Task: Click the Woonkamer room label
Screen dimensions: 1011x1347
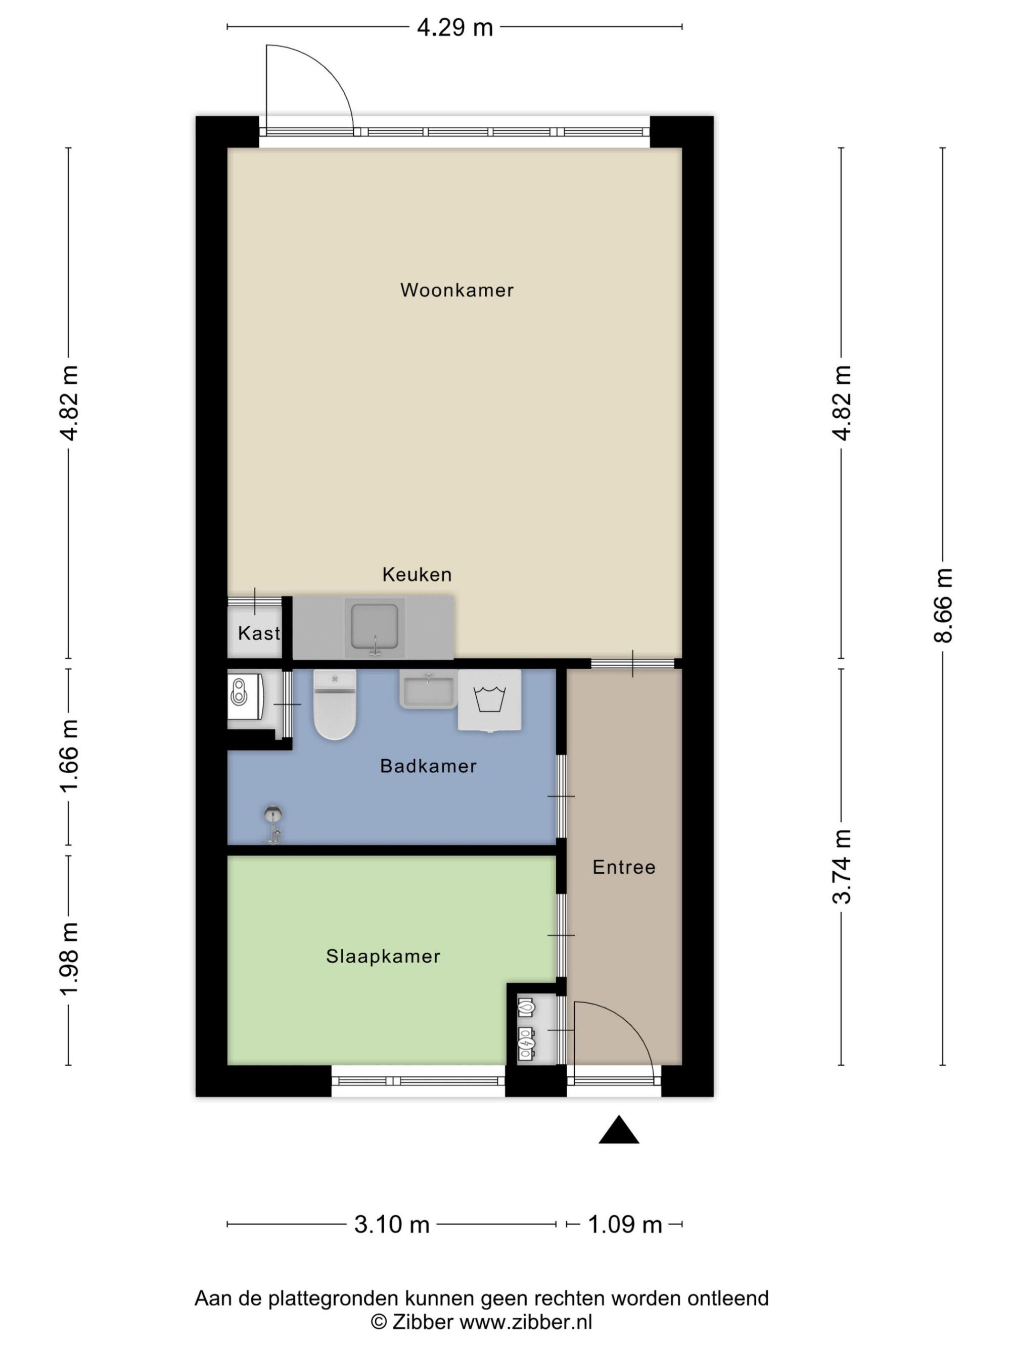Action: (456, 290)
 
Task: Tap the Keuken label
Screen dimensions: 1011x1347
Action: (417, 574)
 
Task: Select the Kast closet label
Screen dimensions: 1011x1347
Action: (259, 633)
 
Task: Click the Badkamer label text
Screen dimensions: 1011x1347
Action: (428, 766)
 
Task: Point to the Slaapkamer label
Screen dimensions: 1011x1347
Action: (383, 956)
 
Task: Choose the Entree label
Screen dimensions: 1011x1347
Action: (624, 867)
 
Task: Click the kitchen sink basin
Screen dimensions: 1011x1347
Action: (375, 628)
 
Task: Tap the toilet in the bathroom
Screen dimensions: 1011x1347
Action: (335, 705)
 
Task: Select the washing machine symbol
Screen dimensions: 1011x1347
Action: (490, 701)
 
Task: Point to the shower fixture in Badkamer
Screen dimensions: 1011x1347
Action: (273, 825)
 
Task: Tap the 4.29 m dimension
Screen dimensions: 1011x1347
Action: (454, 27)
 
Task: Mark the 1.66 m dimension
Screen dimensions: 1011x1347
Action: (68, 756)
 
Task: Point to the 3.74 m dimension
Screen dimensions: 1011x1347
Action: (842, 867)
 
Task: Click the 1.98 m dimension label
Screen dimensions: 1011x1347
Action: (68, 959)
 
